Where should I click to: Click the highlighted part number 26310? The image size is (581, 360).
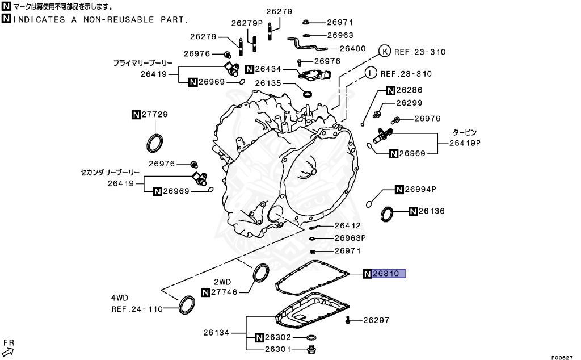point(389,274)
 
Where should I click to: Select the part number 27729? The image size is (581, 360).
point(154,115)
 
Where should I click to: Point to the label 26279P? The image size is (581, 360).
point(247,23)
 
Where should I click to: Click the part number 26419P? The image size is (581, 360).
point(465,143)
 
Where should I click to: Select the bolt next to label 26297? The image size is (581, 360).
point(348,321)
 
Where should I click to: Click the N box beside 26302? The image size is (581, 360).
point(259,337)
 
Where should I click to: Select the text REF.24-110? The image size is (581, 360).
point(137,309)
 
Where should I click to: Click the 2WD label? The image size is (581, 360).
point(222,282)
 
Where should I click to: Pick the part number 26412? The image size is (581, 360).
point(347,225)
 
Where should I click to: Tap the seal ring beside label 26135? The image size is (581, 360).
point(308,93)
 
